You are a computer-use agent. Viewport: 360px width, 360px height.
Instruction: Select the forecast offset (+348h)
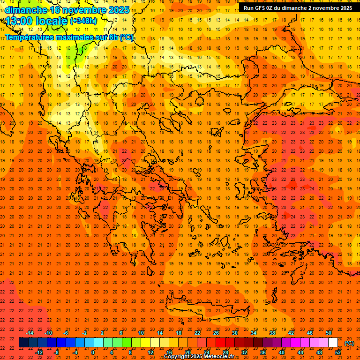point(83,21)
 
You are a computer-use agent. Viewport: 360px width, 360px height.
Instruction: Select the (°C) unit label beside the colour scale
point(349,343)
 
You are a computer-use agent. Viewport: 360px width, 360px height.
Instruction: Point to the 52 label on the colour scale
point(337,352)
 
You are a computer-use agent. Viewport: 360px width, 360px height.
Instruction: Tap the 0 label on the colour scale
point(93,352)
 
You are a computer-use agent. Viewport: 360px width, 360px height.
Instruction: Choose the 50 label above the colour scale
point(329,333)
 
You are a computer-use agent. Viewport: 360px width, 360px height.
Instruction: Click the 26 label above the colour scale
point(216,333)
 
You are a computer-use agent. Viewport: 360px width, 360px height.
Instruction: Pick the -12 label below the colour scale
point(39,352)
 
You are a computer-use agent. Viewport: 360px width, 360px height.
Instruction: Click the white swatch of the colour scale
point(333,343)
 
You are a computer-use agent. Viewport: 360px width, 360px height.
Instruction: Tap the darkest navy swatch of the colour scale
point(23,343)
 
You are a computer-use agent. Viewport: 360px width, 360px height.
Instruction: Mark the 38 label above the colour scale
point(272,333)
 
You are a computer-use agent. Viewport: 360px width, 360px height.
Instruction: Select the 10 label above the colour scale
point(141,333)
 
